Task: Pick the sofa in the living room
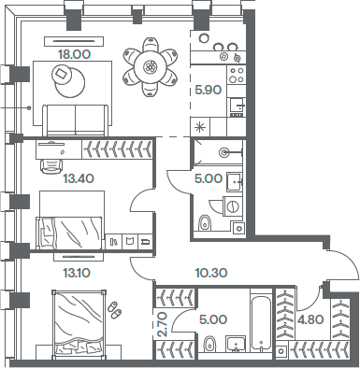(76, 119)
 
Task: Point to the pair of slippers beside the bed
(114, 308)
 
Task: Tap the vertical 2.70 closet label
(162, 324)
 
